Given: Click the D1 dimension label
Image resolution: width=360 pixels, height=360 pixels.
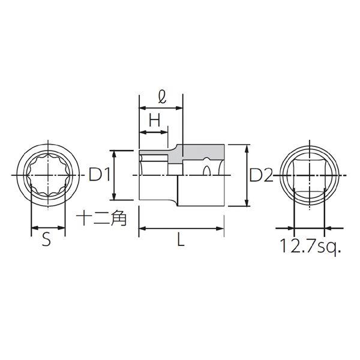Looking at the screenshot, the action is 99,175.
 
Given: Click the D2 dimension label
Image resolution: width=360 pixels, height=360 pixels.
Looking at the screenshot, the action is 261,175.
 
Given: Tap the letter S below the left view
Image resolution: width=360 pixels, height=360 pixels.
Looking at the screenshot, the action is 46,239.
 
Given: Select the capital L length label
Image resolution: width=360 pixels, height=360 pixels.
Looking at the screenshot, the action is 181,239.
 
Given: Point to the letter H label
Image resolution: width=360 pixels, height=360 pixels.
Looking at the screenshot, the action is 154,121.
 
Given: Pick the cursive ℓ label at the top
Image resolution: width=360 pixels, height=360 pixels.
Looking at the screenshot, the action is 162,97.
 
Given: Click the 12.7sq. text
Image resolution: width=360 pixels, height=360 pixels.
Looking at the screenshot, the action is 311,247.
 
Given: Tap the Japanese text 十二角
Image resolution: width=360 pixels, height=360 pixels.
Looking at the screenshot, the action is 101,218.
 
